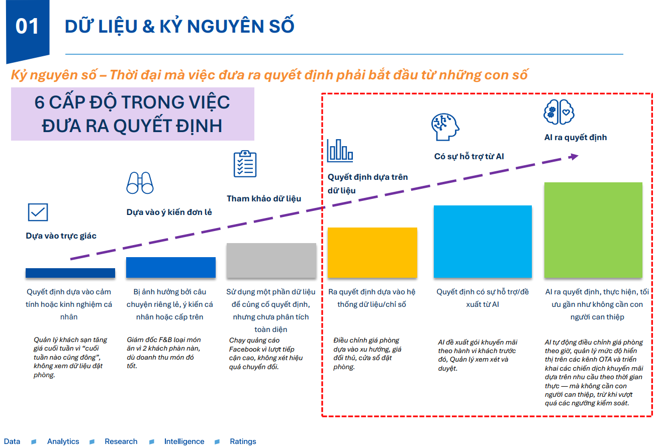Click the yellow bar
372,252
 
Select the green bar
593,230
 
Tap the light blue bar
483,241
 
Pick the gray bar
271,260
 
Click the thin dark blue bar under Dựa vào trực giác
70,273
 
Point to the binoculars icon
140,183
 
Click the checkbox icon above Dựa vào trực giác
38,212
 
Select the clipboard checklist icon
245,164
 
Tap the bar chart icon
340,150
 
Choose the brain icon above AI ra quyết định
558,111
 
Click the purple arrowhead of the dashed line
573,157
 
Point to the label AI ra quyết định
575,138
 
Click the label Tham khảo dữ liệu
264,198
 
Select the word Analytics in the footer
63,441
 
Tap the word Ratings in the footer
243,441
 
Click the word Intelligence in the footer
184,441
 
